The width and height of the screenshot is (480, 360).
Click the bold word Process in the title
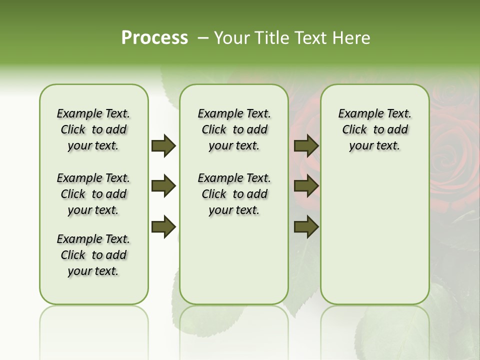point(154,38)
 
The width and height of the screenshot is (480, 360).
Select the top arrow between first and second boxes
point(163,146)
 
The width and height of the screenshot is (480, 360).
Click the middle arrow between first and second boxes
point(163,186)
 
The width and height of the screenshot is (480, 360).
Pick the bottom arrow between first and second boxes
point(163,227)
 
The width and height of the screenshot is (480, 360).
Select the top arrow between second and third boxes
point(306,146)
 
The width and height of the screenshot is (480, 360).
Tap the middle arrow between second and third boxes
point(306,186)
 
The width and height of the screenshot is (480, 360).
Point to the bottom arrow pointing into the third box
point(306,227)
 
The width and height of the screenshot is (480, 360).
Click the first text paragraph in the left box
point(93,129)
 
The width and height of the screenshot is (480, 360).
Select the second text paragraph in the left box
point(93,194)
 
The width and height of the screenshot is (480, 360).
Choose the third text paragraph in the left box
point(93,255)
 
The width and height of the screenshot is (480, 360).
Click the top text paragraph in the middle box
point(234,129)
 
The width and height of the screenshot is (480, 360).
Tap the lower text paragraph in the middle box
point(234,194)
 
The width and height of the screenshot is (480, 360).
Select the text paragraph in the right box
point(374,129)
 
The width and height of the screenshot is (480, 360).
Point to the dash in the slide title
point(203,38)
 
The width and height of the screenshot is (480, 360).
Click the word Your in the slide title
point(232,38)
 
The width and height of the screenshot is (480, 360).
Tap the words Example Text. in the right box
point(374,114)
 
